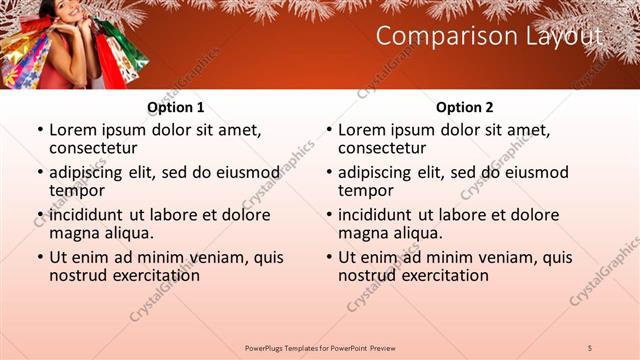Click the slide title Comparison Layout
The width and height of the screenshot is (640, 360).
tap(489, 37)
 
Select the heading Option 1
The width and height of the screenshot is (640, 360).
tap(176, 107)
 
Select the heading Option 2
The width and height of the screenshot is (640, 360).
tap(465, 107)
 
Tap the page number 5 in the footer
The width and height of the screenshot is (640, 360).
tap(590, 347)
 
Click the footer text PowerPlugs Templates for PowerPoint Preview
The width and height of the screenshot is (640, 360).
tap(320, 347)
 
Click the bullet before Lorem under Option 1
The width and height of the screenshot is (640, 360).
tap(39, 130)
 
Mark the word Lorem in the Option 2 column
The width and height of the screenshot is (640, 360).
tap(362, 130)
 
